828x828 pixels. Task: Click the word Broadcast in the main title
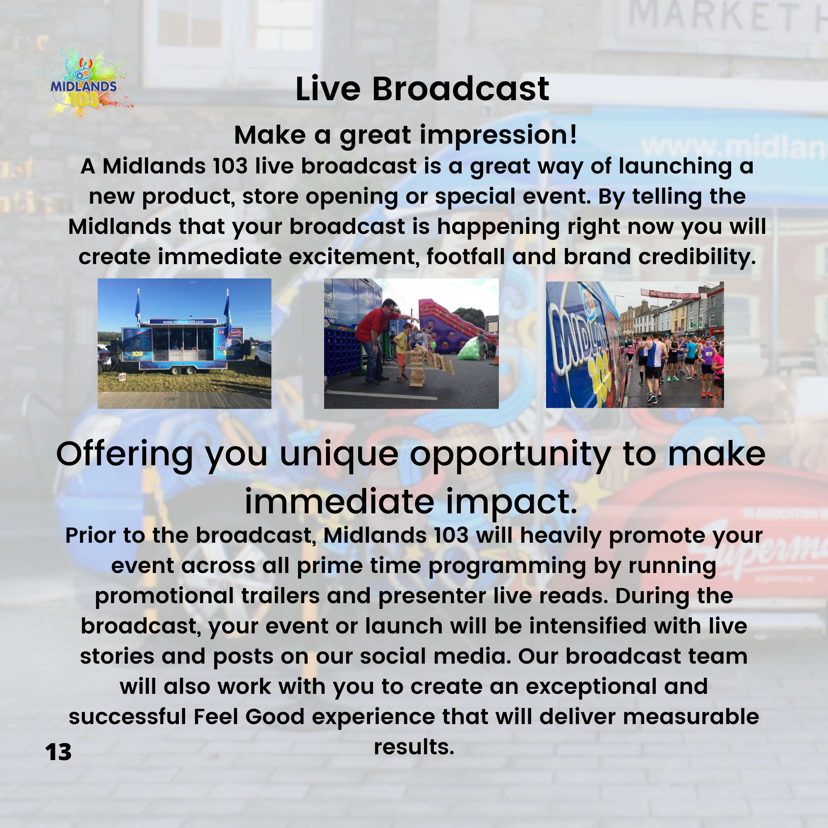[460, 89]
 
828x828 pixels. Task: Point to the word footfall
[465, 257]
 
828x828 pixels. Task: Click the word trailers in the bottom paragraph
[280, 596]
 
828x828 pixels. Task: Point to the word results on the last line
[414, 747]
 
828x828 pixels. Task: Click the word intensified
[587, 626]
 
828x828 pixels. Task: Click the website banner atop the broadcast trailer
[183, 321]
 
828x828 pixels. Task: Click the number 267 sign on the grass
[122, 377]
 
